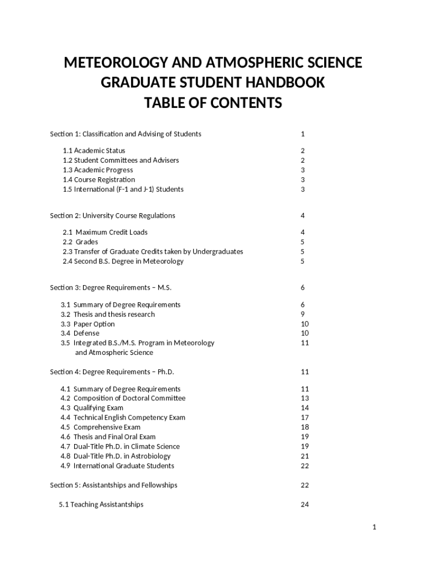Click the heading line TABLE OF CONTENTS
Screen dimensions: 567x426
pyautogui.click(x=213, y=104)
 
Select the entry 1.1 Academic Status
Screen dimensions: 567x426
pyautogui.click(x=94, y=151)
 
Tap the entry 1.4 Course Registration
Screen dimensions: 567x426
pyautogui.click(x=98, y=179)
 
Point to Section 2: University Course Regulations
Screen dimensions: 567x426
pyautogui.click(x=112, y=215)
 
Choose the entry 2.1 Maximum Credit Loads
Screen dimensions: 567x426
pyautogui.click(x=105, y=232)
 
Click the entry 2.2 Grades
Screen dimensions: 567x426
pyautogui.click(x=80, y=242)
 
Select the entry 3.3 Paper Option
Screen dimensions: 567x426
pyautogui.click(x=87, y=324)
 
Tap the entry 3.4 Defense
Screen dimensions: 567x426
pyautogui.click(x=80, y=333)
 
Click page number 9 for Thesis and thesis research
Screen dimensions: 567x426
pyautogui.click(x=303, y=315)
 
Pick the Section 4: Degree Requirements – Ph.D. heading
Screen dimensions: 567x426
pyautogui.click(x=116, y=372)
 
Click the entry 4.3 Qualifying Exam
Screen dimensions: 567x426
pyautogui.click(x=92, y=408)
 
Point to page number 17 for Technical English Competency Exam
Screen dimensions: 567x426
pyautogui.click(x=305, y=417)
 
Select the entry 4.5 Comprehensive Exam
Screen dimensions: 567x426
pyautogui.click(x=100, y=427)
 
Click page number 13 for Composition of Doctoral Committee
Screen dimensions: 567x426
pyautogui.click(x=305, y=398)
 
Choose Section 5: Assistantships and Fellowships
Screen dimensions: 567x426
pyautogui.click(x=113, y=485)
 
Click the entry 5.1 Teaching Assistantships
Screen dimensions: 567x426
pyautogui.click(x=101, y=504)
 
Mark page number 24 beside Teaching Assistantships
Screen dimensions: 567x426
pyautogui.click(x=305, y=504)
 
